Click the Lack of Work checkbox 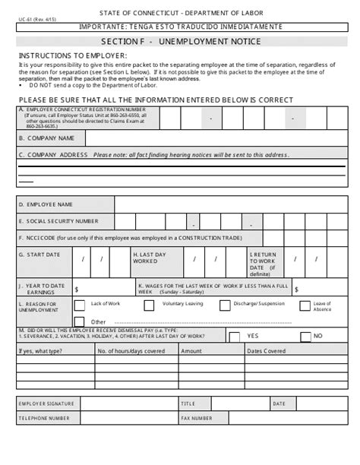(79, 305)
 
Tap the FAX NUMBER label (197, 418)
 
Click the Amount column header (191, 351)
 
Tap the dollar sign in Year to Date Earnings (76, 289)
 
